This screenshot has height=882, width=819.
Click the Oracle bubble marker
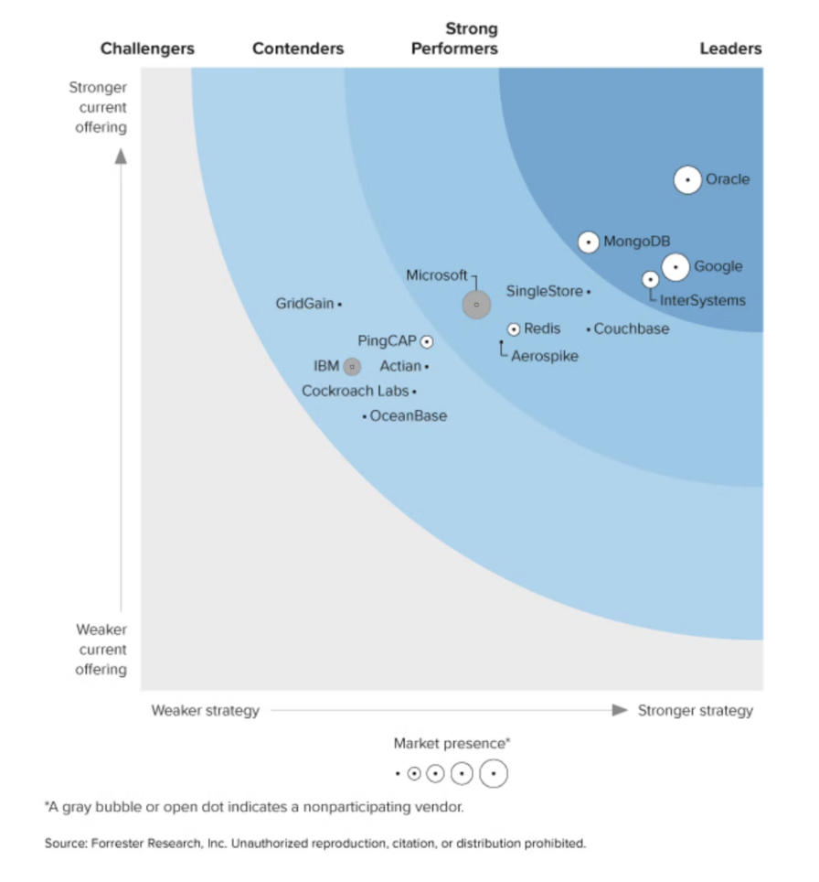[x=687, y=180]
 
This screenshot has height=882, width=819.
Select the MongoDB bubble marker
[x=589, y=242]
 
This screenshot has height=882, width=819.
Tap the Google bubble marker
[x=675, y=267]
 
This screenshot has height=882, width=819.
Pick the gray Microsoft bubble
[x=476, y=305]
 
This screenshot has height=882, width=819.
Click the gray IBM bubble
[x=351, y=367]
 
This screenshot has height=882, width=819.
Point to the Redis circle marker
[x=514, y=329]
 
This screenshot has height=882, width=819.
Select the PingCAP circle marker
[x=426, y=341]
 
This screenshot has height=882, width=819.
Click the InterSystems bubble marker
[x=650, y=280]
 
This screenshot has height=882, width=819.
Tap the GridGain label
[x=304, y=304]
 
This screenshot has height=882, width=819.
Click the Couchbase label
[x=632, y=329]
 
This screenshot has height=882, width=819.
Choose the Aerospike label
[x=545, y=357]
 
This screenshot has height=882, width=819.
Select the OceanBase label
[x=409, y=416]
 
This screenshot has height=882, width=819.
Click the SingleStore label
[x=544, y=292]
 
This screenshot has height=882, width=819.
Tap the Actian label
[x=400, y=367]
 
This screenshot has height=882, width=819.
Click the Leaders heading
[x=730, y=48]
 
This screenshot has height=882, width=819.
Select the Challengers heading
[x=147, y=48]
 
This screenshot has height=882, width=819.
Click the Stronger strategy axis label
[x=696, y=711]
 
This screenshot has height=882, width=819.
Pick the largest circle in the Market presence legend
[x=493, y=774]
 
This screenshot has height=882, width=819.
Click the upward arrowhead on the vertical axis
[x=121, y=156]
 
